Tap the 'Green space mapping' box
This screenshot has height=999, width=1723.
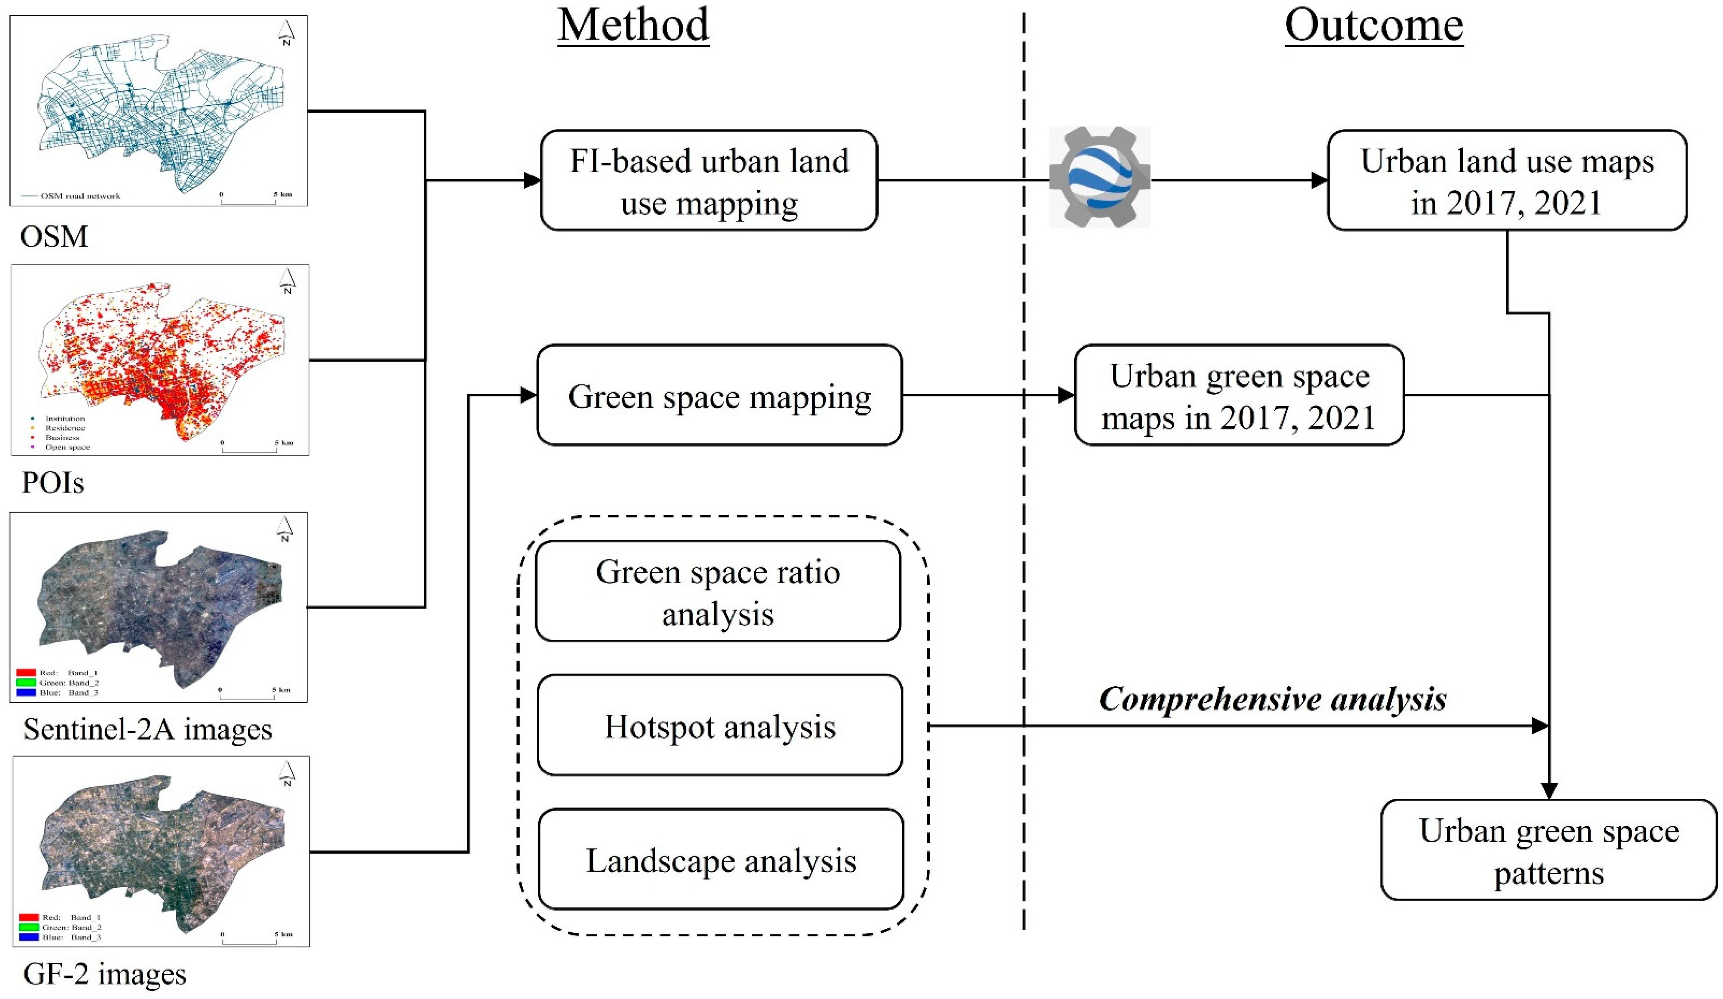click(719, 396)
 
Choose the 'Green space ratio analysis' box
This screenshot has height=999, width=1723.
click(718, 592)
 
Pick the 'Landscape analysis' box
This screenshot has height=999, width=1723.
click(721, 860)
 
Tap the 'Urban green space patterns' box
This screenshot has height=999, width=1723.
click(1549, 851)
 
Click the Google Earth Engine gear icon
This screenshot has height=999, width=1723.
click(1099, 177)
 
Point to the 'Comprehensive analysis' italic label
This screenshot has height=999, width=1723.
click(1272, 698)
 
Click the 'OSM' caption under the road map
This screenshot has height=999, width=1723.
click(54, 236)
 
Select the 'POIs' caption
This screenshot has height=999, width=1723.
click(53, 483)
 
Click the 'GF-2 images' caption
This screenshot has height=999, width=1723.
click(104, 974)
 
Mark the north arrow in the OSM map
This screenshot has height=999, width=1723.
click(287, 32)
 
